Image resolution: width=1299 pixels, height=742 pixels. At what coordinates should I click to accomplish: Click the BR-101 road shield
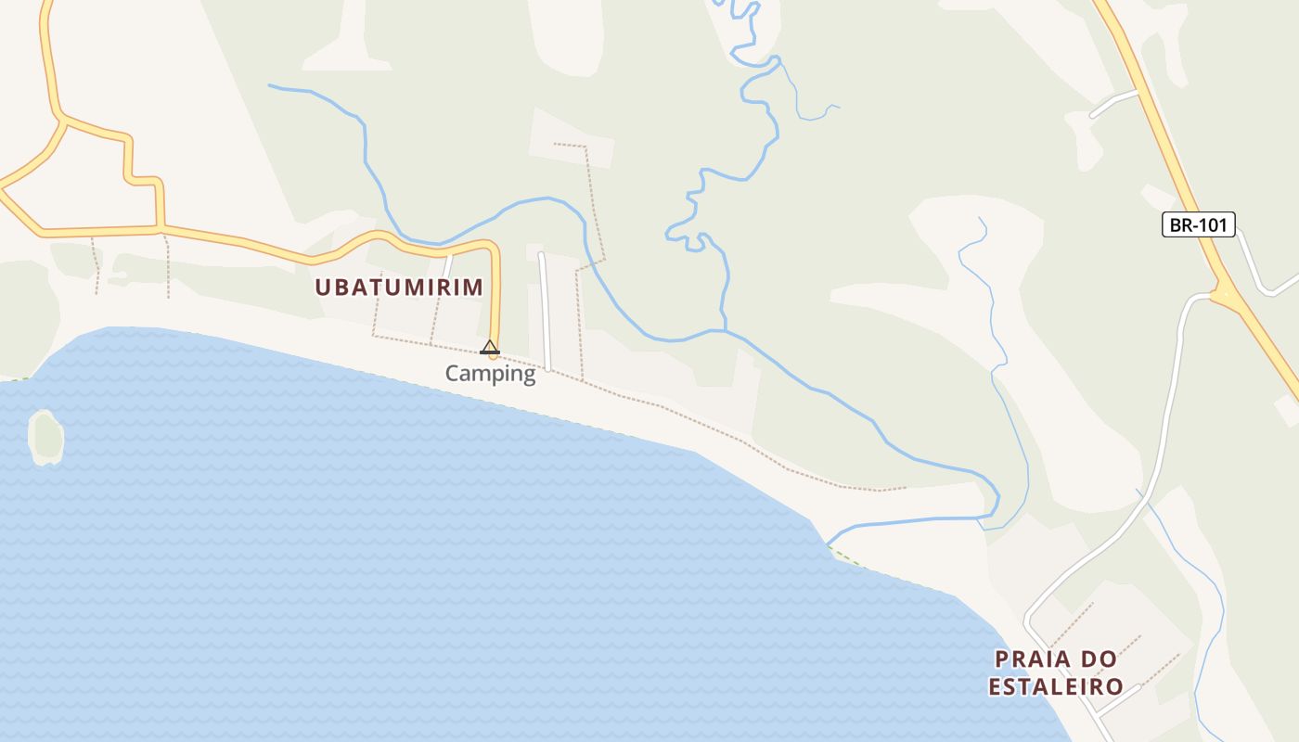tap(1198, 224)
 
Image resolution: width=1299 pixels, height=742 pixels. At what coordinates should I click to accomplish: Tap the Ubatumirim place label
tap(399, 287)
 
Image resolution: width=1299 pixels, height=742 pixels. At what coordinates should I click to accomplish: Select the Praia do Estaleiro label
tap(1056, 672)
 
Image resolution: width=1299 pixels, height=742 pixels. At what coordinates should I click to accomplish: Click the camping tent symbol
tap(490, 348)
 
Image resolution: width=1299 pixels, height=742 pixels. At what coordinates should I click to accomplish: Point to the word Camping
tap(490, 374)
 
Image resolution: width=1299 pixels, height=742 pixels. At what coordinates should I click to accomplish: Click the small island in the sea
tap(45, 437)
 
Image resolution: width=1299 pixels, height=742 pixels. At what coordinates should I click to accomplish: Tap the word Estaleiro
tap(1056, 687)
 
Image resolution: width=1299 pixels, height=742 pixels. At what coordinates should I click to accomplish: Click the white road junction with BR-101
tap(1215, 295)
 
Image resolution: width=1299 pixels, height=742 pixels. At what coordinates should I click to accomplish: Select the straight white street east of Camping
tap(545, 311)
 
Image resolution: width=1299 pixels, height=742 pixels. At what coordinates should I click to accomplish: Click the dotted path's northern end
tap(555, 145)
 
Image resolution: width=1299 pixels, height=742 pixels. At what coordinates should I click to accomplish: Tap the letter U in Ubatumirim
tap(323, 288)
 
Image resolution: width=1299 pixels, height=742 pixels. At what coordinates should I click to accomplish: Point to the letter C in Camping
tap(453, 374)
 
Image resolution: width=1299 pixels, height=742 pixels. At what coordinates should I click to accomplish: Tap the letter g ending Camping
tap(529, 376)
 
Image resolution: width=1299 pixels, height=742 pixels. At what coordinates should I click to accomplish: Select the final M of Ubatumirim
tap(474, 288)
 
